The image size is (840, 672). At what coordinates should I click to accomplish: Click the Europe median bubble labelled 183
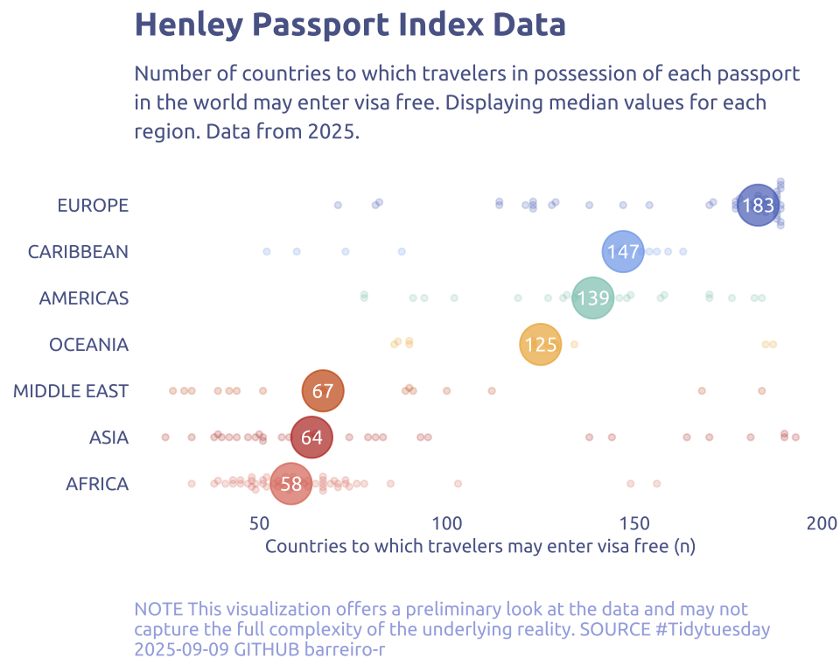(758, 206)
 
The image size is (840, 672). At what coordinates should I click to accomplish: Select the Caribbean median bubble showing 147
(623, 252)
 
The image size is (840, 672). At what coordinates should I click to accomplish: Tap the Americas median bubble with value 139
(593, 298)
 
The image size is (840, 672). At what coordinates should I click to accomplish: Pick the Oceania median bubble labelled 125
(541, 345)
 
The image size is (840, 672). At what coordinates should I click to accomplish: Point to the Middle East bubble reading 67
(323, 391)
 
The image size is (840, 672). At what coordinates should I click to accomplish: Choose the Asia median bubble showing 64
(311, 437)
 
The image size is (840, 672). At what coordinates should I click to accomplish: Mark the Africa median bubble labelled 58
(291, 484)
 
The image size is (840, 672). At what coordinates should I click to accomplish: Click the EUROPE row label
(93, 206)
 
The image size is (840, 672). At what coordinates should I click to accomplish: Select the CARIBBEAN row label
(78, 252)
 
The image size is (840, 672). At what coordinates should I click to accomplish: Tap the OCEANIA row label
(88, 345)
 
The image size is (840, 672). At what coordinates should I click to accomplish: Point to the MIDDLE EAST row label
(71, 391)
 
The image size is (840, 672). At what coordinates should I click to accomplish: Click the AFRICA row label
(97, 484)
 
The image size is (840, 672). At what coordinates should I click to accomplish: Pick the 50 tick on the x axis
(259, 524)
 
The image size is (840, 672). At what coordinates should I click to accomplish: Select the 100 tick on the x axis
(447, 524)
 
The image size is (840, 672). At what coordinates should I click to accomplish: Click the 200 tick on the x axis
(822, 524)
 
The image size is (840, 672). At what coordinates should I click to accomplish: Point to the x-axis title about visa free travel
(479, 547)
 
